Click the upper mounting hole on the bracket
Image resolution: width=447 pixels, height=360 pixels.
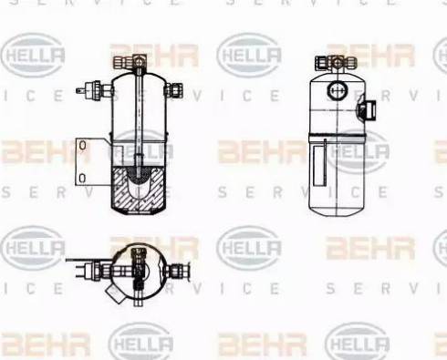point(82,146)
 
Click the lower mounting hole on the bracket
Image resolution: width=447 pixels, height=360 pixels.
point(82,179)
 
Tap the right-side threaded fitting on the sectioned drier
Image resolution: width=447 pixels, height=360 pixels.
point(174,90)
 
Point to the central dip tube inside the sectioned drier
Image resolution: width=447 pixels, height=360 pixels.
point(139,121)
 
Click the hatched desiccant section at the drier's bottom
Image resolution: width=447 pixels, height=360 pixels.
point(139,189)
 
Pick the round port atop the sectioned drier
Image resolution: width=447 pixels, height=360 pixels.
point(139,62)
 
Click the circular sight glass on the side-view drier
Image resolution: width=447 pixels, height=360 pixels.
point(338,90)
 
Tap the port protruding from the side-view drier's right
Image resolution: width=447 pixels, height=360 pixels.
point(368,109)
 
